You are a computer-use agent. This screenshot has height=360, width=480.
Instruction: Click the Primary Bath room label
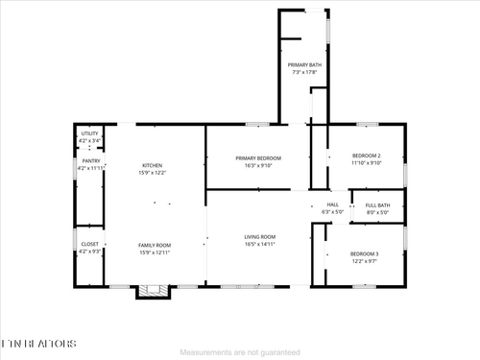coord(305,65)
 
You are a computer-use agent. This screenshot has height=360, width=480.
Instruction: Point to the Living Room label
coord(259,237)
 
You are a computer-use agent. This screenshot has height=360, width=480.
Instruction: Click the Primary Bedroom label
coord(258,157)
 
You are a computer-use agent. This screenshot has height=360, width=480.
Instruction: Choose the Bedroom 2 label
coord(366,156)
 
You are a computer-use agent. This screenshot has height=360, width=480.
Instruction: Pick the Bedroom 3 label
coord(364,253)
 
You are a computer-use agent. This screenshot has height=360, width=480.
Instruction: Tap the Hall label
coord(333,204)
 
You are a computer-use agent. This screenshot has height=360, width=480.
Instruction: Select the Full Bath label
coord(377,204)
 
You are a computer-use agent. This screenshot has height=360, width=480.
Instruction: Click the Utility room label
coord(89,133)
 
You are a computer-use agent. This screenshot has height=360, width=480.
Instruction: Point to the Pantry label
coord(90,161)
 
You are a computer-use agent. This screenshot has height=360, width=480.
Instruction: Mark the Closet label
coord(89,244)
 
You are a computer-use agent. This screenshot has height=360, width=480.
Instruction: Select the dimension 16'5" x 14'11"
coord(259,244)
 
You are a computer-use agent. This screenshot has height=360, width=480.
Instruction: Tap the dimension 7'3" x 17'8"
coord(305,71)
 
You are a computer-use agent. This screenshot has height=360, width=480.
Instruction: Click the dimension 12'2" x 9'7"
coord(364,260)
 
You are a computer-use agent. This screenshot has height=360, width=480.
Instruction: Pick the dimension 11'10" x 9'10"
coord(366,162)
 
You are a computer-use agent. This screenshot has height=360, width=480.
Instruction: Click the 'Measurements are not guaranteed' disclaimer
coord(240,351)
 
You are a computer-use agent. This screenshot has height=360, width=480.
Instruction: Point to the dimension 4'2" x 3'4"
coord(89,140)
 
